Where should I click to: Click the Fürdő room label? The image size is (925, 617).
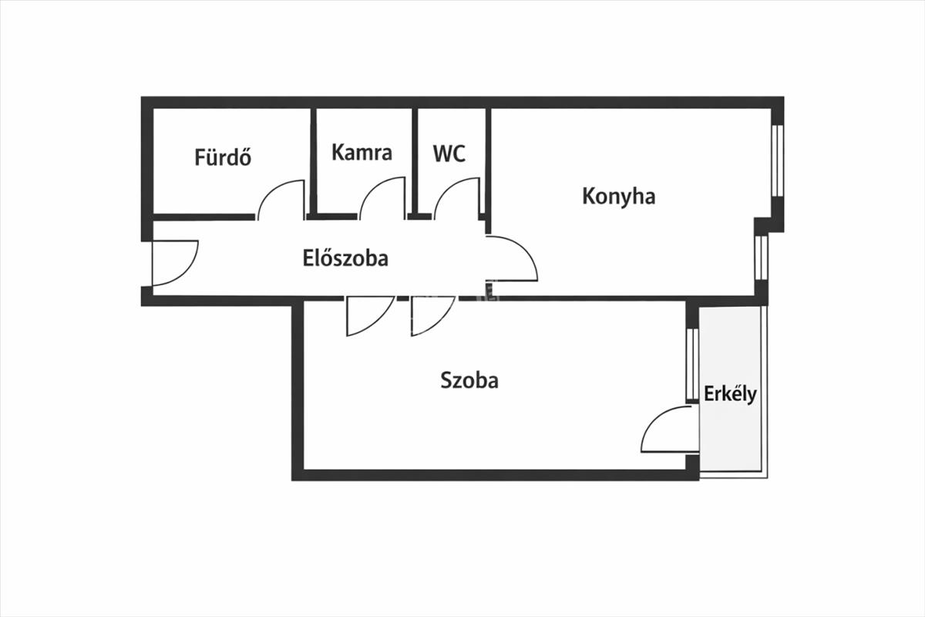coord(223,157)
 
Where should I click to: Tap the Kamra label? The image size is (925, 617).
coord(362,152)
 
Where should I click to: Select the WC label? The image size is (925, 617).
coord(449,153)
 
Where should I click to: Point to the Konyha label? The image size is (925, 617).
coord(618,196)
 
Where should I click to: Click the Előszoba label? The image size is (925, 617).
coord(345,258)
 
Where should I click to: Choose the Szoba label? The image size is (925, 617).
coord(469,379)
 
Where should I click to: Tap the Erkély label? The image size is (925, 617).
coord(730,394)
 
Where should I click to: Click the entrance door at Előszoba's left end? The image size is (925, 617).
coord(174,262)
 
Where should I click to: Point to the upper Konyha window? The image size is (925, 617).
coord(777,157)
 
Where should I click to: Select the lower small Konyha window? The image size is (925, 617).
coord(761,258)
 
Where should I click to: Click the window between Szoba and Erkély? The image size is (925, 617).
coord(691,364)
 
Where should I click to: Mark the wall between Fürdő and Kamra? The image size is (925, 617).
coord(314,160)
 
